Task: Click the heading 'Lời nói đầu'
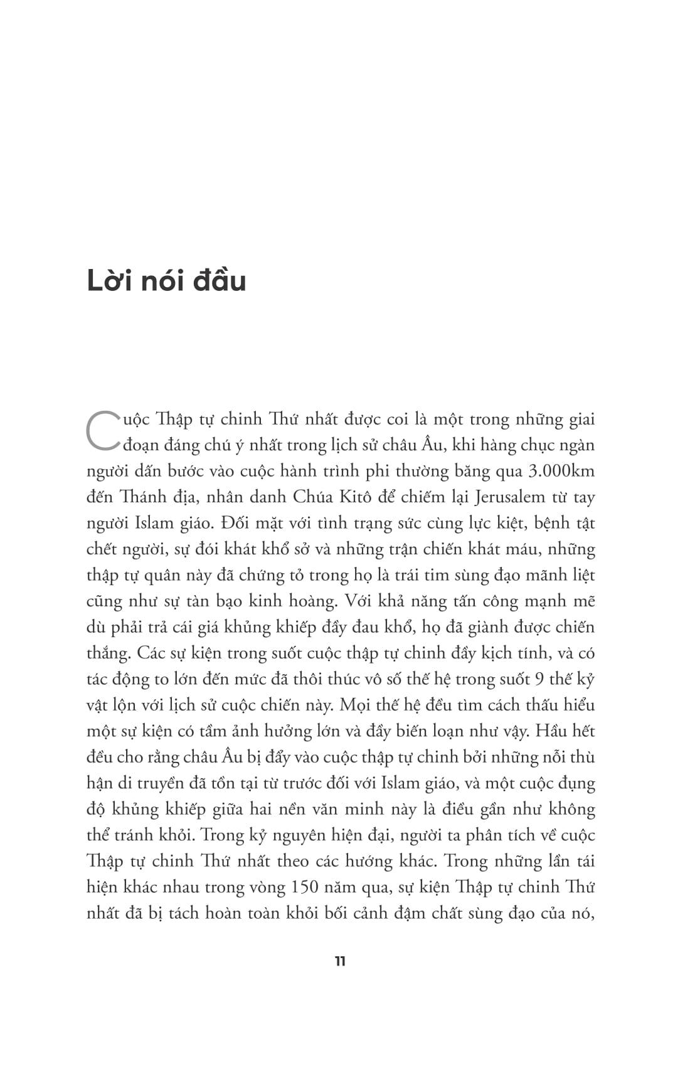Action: pyautogui.click(x=166, y=282)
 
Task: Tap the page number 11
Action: pyautogui.click(x=340, y=961)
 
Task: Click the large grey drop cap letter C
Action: pyautogui.click(x=100, y=430)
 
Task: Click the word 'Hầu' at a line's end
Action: pyautogui.click(x=576, y=731)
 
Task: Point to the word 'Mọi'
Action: pyautogui.click(x=354, y=705)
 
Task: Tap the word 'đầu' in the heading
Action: pyautogui.click(x=220, y=282)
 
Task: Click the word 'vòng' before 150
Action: pyautogui.click(x=268, y=887)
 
